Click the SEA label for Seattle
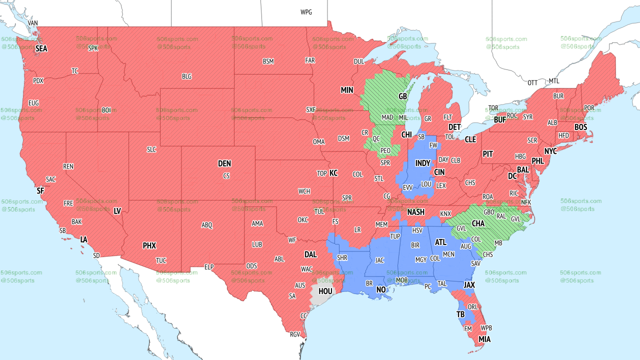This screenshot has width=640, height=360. click(41, 49)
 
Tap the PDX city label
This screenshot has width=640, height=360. click(38, 80)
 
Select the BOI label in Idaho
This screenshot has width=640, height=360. click(106, 110)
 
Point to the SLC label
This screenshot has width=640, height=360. click(151, 149)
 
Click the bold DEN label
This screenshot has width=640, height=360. click(224, 163)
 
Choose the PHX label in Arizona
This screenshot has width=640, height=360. click(149, 245)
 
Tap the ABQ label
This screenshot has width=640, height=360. click(207, 225)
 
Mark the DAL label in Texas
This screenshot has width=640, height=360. click(310, 254)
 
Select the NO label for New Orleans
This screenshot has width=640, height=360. click(381, 290)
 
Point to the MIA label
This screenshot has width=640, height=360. click(484, 339)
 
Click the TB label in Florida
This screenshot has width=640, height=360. click(460, 314)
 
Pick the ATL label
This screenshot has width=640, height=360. click(440, 242)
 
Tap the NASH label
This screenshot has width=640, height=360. click(415, 212)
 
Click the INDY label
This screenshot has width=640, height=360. click(422, 163)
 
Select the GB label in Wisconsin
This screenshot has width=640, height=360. click(402, 96)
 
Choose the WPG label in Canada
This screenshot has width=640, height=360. click(306, 12)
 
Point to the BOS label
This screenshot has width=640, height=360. click(580, 127)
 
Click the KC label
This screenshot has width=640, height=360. click(333, 173)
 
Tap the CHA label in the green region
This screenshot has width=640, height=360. click(478, 223)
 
